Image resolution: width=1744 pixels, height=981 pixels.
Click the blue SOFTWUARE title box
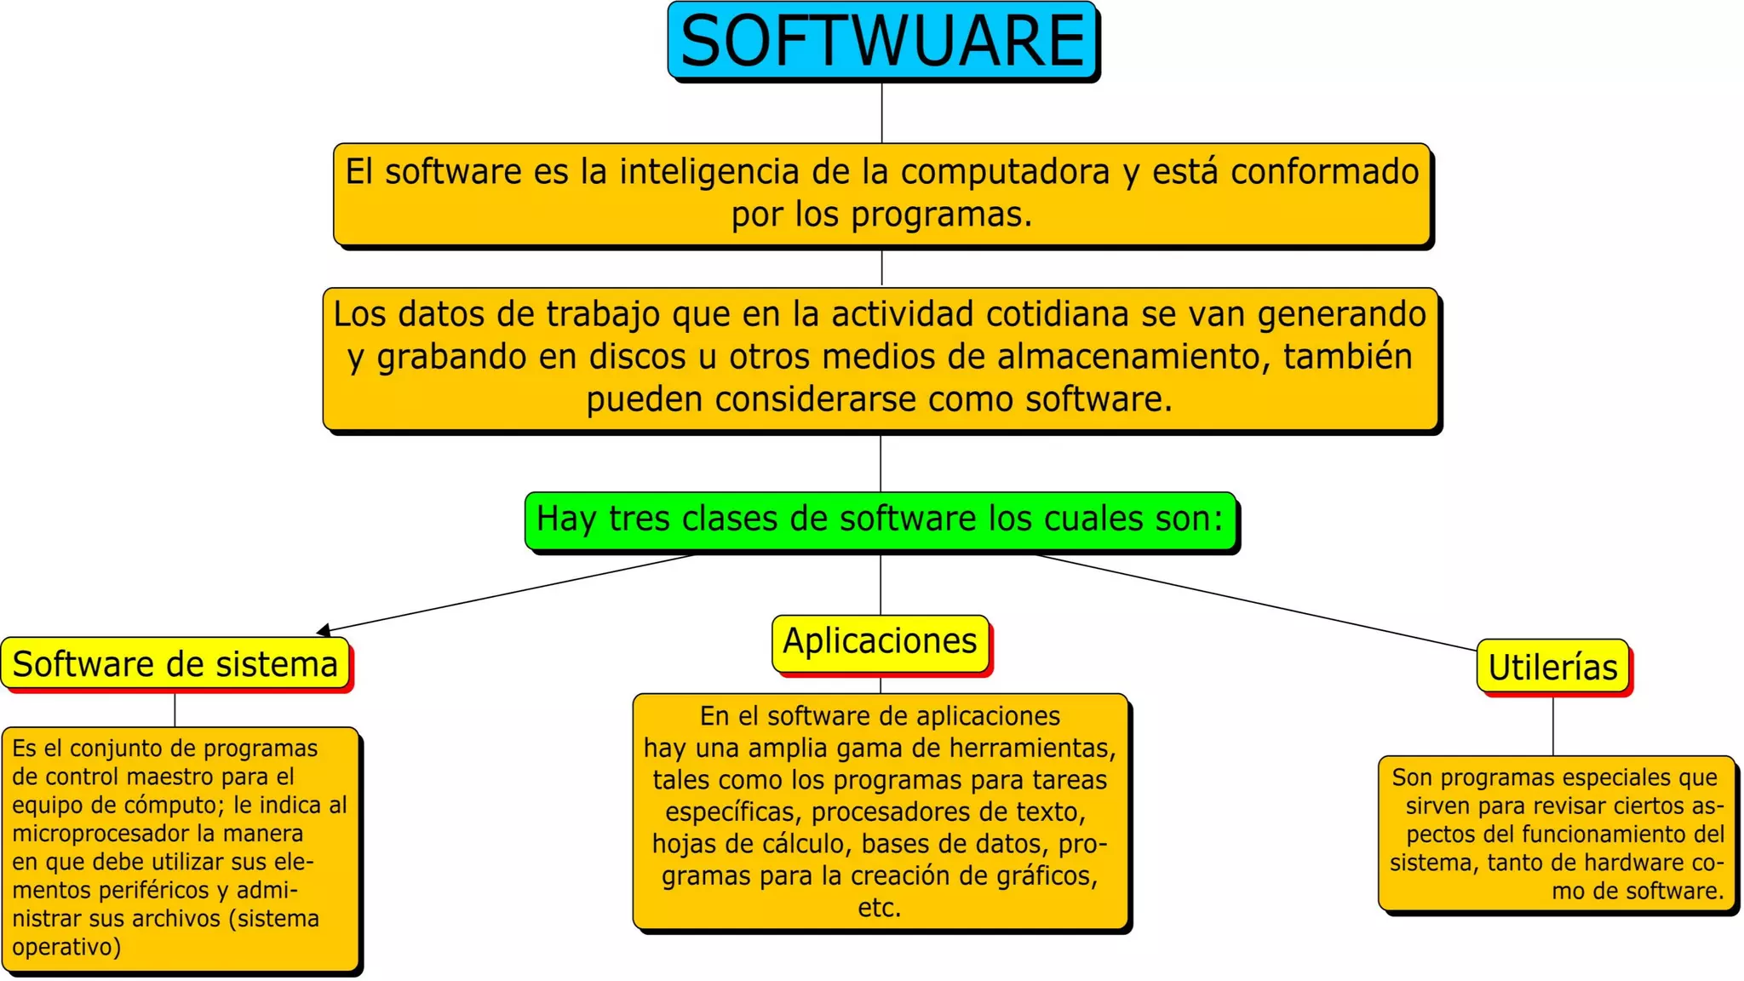tap(882, 41)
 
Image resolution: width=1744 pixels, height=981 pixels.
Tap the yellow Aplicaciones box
tap(880, 642)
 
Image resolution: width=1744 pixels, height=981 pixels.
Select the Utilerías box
tap(1552, 667)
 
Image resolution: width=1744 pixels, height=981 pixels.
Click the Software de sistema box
tap(175, 664)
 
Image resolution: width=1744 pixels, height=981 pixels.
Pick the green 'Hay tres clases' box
tap(880, 519)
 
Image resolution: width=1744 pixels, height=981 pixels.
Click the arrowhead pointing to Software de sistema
tap(324, 631)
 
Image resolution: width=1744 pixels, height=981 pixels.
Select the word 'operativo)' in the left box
tap(66, 947)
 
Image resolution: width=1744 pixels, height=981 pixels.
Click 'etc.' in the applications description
tap(880, 908)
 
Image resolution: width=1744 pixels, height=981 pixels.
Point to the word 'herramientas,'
tap(1032, 749)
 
